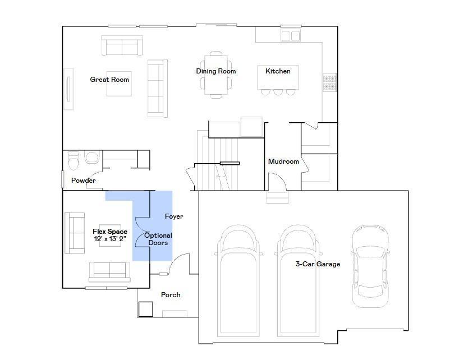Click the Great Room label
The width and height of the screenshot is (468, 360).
point(109,80)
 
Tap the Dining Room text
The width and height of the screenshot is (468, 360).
point(216,71)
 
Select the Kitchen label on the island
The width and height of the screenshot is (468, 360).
point(278,71)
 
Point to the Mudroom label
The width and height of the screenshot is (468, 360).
point(283,161)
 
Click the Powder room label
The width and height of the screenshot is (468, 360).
point(83,181)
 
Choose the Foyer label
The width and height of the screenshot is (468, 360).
point(174,216)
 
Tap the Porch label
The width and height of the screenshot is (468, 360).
point(171,295)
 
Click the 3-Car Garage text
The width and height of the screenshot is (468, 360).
point(318,264)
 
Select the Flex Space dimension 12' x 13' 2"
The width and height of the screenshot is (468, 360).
point(110,239)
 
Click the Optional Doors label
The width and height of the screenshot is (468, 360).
point(158,239)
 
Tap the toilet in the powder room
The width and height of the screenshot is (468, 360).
point(73,160)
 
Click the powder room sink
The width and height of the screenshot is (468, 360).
point(91,157)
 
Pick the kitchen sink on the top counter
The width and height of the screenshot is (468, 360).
point(291,36)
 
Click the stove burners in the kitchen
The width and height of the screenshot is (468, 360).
point(329,82)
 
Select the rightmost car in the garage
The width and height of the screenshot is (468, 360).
point(370,267)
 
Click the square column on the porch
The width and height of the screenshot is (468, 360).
point(146,309)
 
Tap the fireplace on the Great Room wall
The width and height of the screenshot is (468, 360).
point(68,89)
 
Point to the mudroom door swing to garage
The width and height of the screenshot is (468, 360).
point(278,181)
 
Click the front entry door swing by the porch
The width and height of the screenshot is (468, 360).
point(179,264)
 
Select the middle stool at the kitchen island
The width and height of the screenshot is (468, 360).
point(277,92)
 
